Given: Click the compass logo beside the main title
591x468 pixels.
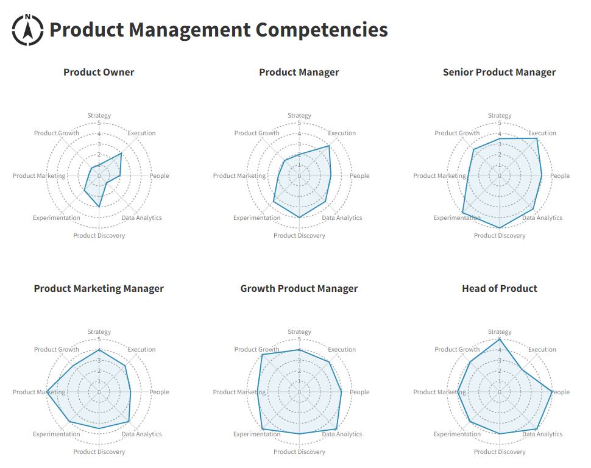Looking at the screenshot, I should [27, 29].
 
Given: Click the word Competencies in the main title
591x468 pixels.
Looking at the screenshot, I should [322, 29].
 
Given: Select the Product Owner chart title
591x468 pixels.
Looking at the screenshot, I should [99, 72].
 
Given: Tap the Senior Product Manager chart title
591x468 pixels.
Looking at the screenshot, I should [499, 72].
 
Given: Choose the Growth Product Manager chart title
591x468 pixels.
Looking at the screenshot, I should [299, 288].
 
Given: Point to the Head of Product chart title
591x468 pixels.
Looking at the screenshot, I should [500, 288].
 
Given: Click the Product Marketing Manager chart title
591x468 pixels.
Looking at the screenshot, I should [99, 288].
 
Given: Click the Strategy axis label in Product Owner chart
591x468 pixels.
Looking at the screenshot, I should [99, 115].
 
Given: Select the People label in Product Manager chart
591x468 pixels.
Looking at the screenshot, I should [359, 175].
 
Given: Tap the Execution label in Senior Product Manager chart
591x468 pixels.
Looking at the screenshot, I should [542, 133].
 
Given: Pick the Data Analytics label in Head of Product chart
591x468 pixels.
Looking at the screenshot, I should [542, 434].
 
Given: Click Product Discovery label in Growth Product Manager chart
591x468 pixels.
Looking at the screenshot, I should [299, 452].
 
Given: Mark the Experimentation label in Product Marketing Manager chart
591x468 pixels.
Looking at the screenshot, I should [57, 434].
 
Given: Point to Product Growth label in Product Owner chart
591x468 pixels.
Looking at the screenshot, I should [57, 133].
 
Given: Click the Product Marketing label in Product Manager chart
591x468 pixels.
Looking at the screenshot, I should [239, 175].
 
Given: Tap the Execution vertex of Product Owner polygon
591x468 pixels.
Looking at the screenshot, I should [121, 154].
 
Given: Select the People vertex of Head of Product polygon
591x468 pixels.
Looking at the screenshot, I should [552, 392].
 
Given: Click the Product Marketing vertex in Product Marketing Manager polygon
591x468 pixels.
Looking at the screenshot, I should [47, 392].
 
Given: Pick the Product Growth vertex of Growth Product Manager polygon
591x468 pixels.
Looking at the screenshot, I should [261, 355].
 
